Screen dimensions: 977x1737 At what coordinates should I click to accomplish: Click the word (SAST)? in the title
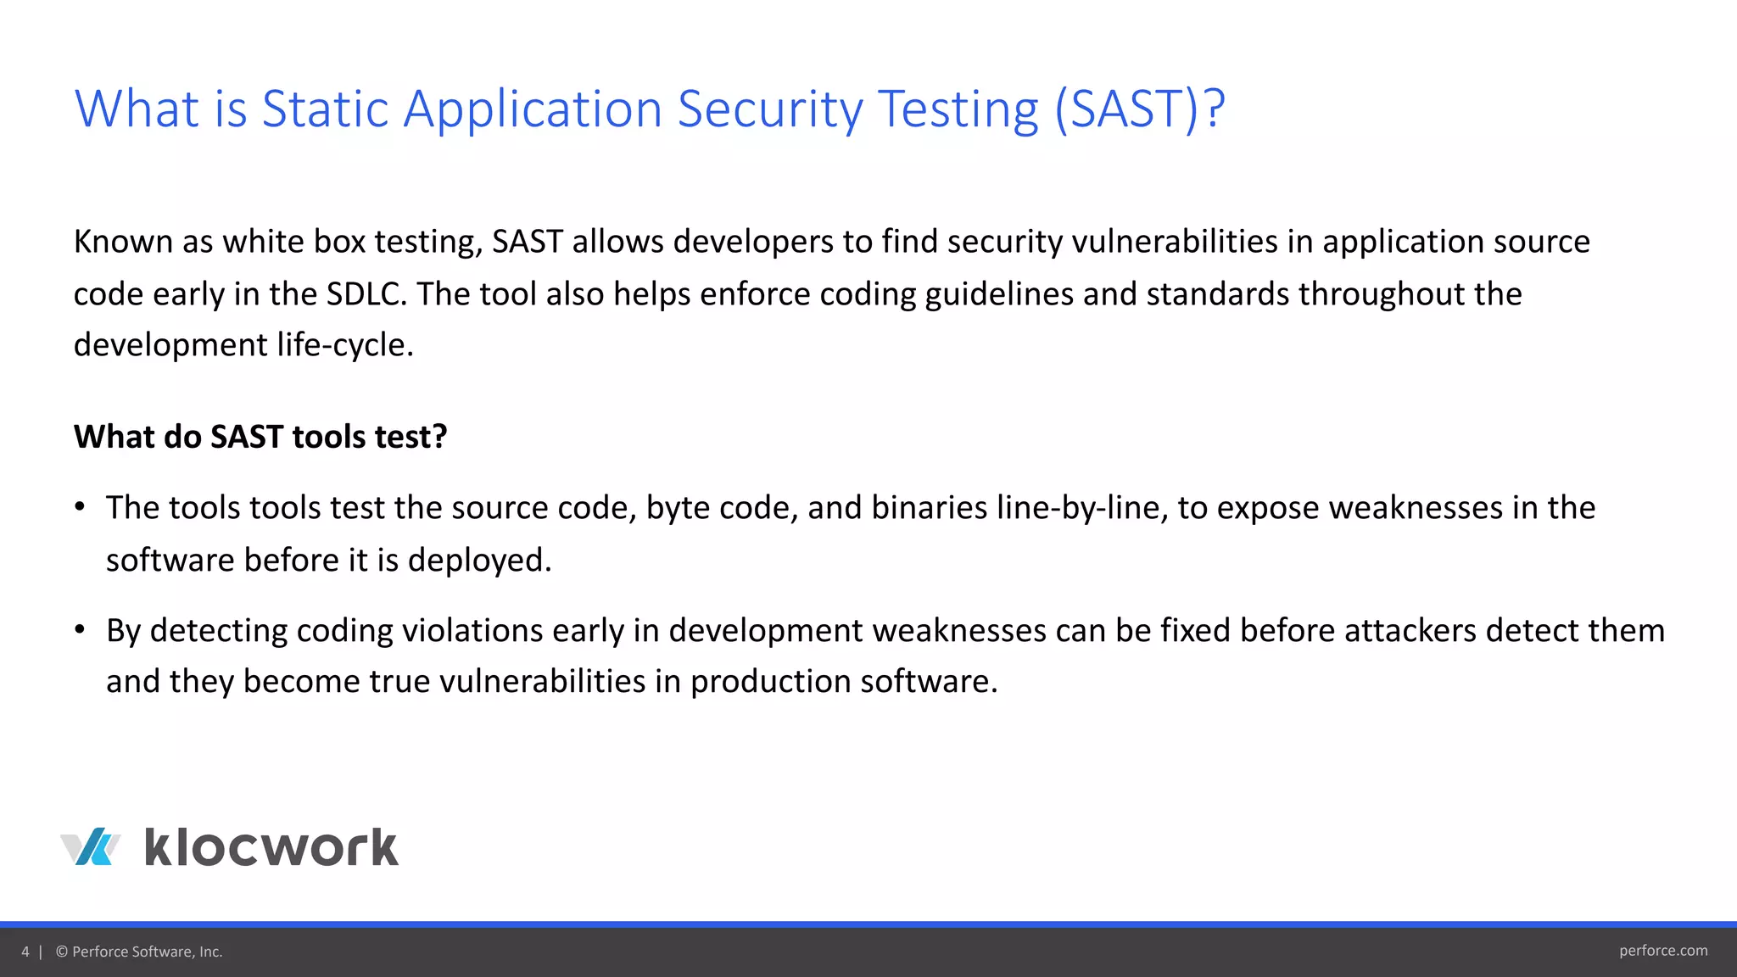(1139, 109)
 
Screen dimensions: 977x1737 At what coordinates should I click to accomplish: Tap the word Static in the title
(325, 109)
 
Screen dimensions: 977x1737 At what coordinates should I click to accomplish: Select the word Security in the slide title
(768, 109)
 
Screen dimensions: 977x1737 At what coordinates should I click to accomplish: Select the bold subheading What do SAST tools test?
(260, 437)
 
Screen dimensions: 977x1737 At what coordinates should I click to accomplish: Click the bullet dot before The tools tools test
(80, 507)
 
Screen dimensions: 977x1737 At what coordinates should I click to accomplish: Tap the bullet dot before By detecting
(80, 630)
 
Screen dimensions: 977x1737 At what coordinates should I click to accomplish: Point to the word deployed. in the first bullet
(479, 561)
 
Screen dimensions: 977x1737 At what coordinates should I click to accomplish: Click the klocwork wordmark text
(271, 847)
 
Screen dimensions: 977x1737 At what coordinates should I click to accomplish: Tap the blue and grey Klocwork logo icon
(91, 847)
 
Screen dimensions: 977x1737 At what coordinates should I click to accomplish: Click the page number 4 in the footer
(25, 952)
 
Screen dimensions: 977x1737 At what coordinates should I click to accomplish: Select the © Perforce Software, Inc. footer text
(139, 952)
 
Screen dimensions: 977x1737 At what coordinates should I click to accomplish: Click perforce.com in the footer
(1662, 951)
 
